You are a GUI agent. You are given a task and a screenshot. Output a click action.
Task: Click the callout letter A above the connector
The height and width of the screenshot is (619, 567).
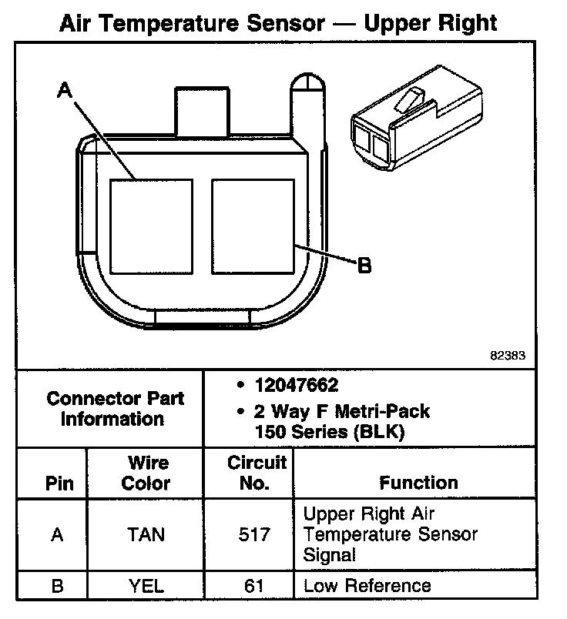coord(65,91)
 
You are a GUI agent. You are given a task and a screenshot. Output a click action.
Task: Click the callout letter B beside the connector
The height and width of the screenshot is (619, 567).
coord(364,266)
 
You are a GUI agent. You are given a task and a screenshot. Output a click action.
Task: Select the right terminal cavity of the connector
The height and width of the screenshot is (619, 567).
coord(253,226)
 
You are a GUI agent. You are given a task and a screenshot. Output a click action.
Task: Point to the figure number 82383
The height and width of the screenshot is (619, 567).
coord(508,356)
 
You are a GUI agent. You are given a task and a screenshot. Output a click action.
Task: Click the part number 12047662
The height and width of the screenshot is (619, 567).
coord(297,385)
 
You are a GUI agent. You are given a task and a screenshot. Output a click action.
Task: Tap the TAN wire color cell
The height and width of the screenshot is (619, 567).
coord(146,534)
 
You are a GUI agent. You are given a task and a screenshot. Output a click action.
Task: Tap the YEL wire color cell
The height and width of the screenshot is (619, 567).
coord(146,586)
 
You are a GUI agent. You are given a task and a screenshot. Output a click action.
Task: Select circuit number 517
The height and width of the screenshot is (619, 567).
coord(249,534)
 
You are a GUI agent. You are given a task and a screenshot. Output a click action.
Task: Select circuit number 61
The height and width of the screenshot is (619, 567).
coord(249,586)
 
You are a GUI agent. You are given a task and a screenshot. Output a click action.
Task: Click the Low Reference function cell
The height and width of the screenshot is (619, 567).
coord(367,586)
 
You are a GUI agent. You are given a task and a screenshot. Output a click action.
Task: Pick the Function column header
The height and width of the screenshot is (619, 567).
coord(418,483)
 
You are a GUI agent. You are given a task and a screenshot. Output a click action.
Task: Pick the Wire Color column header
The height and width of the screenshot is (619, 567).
coord(146,473)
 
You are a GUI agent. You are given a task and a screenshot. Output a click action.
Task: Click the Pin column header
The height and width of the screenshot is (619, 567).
coord(59,483)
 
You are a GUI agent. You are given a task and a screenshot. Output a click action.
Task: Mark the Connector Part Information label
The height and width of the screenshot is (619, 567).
coord(115,409)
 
